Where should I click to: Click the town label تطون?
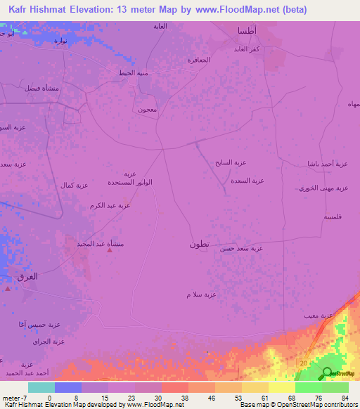pyautogui.click(x=198, y=244)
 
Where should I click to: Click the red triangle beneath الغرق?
pyautogui.click(x=8, y=288)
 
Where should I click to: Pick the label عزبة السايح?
pyautogui.click(x=231, y=162)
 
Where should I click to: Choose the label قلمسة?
pyautogui.click(x=333, y=217)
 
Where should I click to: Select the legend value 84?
pyautogui.click(x=345, y=396)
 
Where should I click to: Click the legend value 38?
pyautogui.click(x=184, y=396)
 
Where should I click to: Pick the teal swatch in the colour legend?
pyautogui.click(x=41, y=387)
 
